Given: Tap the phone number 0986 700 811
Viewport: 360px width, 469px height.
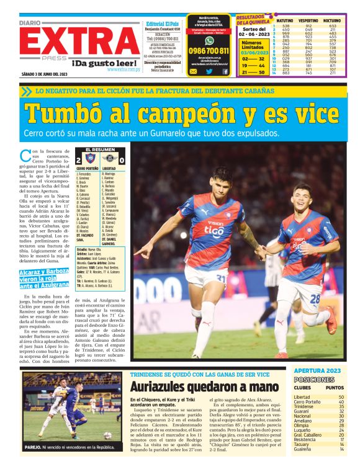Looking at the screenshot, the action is [x=209, y=51].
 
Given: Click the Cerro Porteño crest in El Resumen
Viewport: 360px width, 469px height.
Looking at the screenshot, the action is [x=90, y=159].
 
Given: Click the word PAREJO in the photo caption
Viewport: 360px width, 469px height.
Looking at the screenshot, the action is [x=34, y=446].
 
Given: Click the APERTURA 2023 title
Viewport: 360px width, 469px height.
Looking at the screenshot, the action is [x=318, y=370].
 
